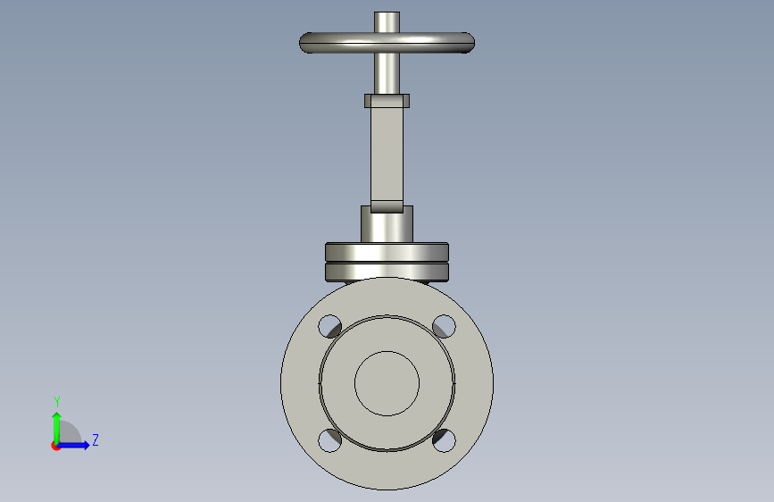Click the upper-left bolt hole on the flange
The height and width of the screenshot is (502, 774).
(329, 326)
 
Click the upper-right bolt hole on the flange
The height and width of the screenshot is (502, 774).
(444, 326)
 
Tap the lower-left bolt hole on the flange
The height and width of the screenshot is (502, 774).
(329, 440)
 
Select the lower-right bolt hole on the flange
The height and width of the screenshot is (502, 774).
(444, 440)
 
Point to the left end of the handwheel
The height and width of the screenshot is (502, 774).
(301, 43)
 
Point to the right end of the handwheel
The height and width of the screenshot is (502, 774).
(473, 43)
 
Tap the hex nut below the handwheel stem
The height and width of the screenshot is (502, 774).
(387, 101)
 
